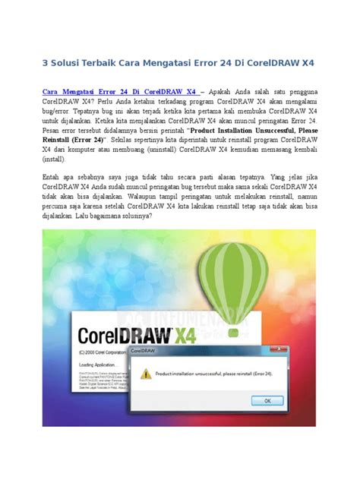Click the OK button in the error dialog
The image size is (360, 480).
(269, 401)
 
